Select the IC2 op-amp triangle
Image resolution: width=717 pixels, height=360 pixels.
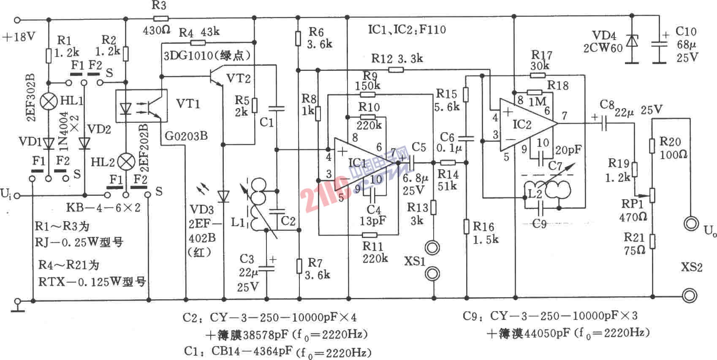526,125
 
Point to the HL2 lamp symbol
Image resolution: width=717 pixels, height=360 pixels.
125,162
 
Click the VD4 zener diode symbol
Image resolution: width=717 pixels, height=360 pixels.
632,41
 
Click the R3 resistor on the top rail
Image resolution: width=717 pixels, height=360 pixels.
161,19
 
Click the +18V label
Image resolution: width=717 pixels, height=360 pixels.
19,37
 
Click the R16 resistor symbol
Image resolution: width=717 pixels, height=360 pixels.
466,226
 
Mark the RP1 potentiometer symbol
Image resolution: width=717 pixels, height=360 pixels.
652,195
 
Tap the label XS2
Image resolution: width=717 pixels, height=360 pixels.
692,267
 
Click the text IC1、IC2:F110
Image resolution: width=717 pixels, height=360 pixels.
407,30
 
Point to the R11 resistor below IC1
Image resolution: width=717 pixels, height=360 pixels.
370,235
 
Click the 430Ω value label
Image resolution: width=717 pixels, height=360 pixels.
157,30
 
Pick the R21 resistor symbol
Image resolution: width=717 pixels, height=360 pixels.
652,241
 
